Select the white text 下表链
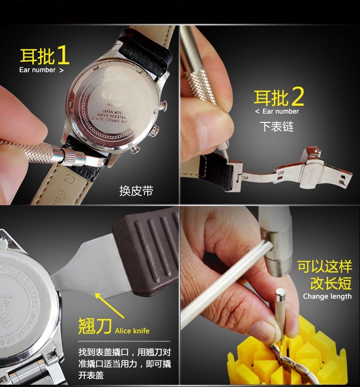276,127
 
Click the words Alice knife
132,331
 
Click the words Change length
327,296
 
